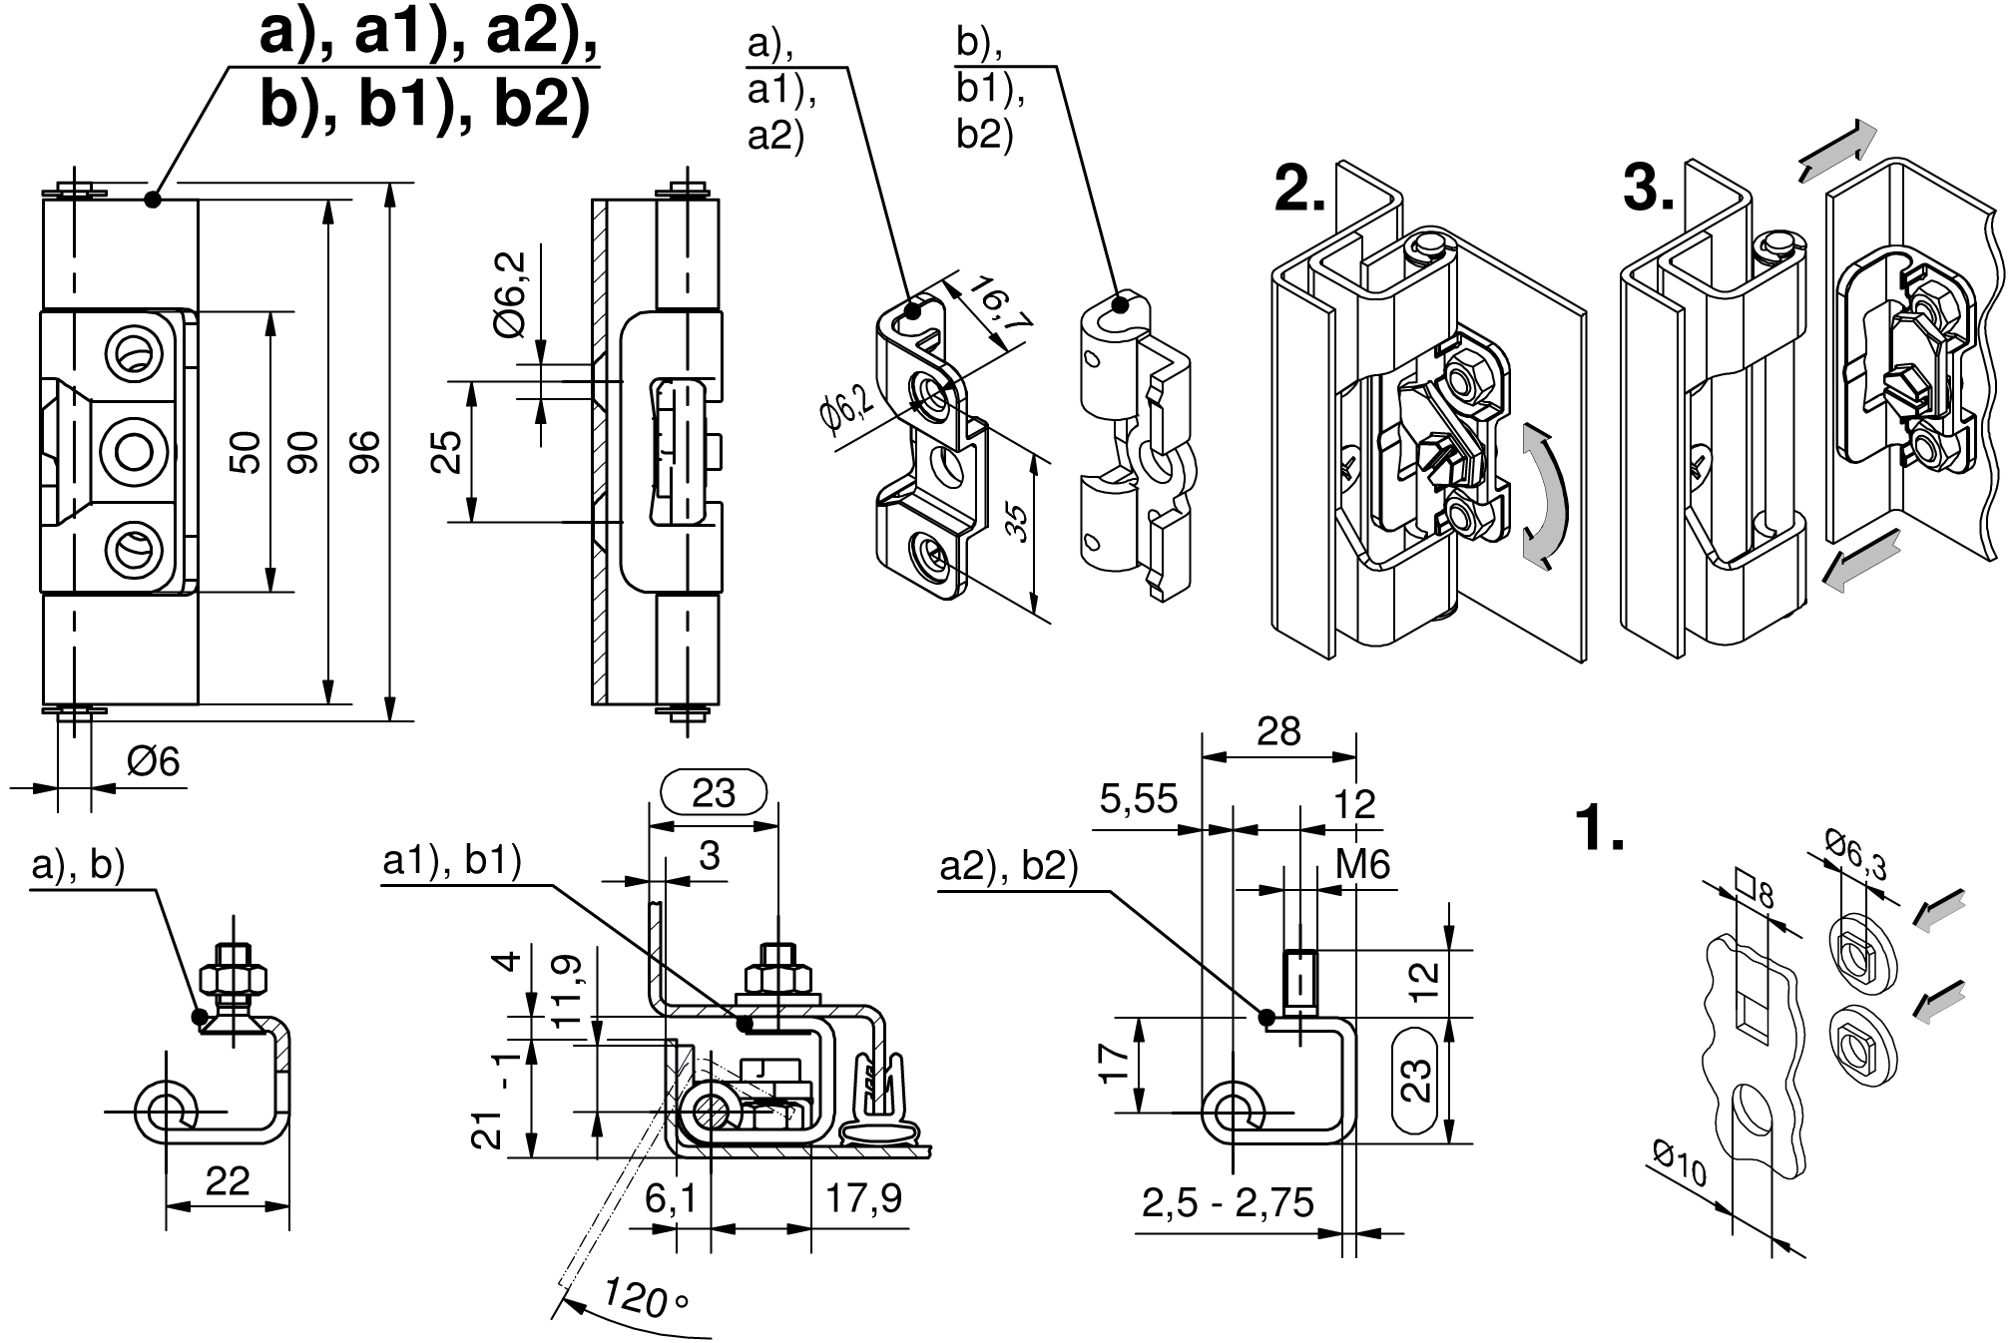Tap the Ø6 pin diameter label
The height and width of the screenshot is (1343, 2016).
[x=153, y=762]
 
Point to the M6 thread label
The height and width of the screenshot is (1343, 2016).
[x=1362, y=864]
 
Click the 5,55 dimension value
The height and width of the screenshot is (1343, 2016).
[x=1139, y=798]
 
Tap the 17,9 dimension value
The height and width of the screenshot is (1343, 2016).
[x=863, y=1197]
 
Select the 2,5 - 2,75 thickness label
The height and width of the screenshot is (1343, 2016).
[x=1228, y=1204]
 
